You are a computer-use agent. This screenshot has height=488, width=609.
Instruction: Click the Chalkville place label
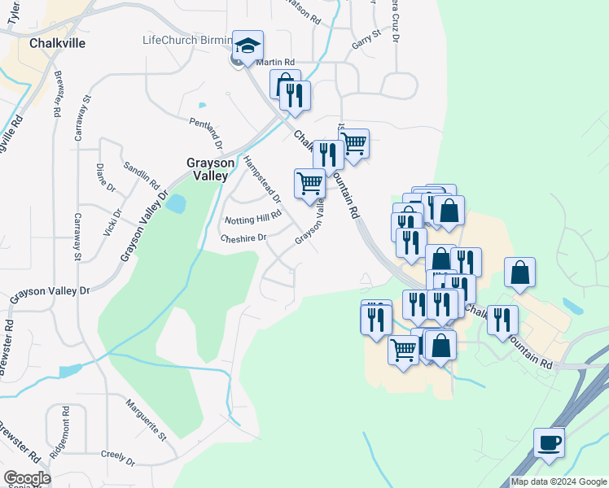pyautogui.click(x=57, y=43)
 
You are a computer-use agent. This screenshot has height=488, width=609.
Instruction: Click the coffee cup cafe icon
pyautogui.click(x=549, y=443)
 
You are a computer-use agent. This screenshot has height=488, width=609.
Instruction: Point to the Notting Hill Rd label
pyautogui.click(x=252, y=218)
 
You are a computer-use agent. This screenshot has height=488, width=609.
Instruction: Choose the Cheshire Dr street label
pyautogui.click(x=243, y=237)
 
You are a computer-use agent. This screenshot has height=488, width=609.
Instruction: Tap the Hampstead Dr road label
pyautogui.click(x=261, y=179)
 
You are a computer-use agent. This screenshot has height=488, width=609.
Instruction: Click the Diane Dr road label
pyautogui.click(x=106, y=177)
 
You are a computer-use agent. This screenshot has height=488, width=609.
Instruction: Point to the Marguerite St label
pyautogui.click(x=146, y=419)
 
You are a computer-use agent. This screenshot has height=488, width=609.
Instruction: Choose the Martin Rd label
pyautogui.click(x=274, y=62)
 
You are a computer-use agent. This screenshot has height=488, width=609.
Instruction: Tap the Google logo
pyautogui.click(x=27, y=478)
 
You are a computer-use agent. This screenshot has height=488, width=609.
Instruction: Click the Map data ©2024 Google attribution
pyautogui.click(x=559, y=481)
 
